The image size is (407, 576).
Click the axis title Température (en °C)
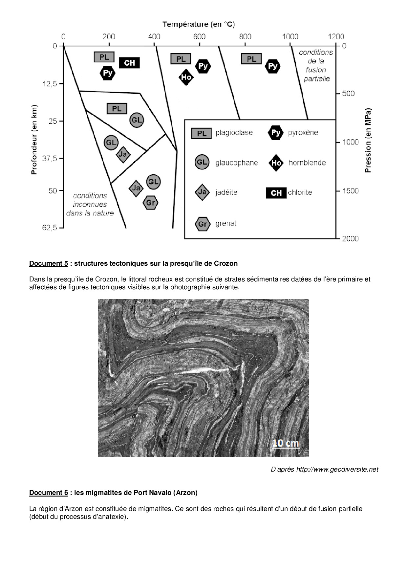coord(199,24)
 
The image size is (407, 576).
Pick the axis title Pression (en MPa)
coord(368,140)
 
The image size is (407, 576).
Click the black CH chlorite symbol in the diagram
coord(129,62)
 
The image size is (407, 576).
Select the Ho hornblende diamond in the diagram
coord(186,78)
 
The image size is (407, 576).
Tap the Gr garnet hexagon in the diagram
coord(150,203)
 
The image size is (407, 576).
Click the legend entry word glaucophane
coord(236,163)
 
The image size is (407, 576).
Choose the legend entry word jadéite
coord(226,192)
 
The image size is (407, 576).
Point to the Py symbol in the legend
coord(275,133)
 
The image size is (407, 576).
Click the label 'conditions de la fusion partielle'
coord(316,65)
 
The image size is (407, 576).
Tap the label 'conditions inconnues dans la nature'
coord(90,204)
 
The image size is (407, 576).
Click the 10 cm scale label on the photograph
coord(286,443)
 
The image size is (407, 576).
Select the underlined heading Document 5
coord(49,263)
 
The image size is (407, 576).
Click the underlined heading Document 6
coord(49,493)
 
